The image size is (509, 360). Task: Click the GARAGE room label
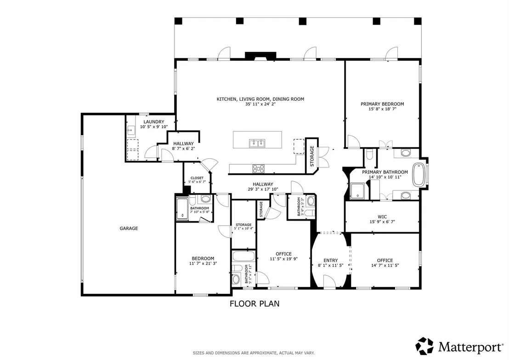129,229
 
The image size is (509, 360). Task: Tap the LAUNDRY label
154,122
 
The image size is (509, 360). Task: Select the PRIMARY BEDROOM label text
382,104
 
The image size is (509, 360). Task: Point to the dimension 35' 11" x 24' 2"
260,104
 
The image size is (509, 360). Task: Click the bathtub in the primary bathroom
419,175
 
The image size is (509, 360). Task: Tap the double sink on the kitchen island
257,143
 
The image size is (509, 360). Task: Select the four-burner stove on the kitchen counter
258,169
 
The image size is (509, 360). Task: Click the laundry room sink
131,131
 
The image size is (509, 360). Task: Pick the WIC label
382,217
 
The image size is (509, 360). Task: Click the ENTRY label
330,260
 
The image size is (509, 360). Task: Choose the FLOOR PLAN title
254,303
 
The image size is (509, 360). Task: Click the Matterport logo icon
424,346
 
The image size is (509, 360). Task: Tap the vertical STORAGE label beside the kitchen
312,156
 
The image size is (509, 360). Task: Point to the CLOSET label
197,178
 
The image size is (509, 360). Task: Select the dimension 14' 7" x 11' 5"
385,265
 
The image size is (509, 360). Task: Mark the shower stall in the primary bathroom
358,191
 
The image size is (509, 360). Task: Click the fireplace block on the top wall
260,56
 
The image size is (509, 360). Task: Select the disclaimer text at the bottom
254,353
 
